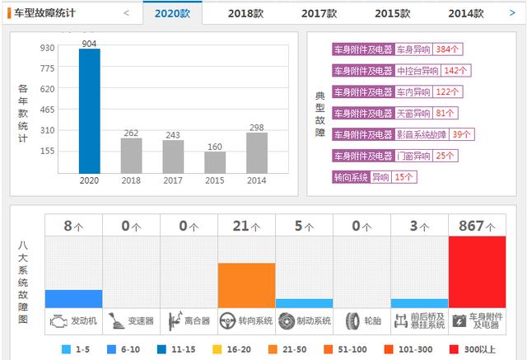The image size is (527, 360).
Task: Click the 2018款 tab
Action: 245,13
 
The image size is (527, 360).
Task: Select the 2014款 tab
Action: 466,13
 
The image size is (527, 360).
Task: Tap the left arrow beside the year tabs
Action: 126,13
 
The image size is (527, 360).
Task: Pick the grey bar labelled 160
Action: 215,162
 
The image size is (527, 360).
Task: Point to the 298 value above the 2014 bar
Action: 257,127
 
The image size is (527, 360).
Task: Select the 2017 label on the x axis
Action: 173,180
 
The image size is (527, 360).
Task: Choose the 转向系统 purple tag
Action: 351,176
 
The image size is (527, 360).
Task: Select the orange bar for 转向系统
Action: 246,285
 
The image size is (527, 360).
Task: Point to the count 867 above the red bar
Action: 471,225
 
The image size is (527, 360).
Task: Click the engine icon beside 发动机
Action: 59,320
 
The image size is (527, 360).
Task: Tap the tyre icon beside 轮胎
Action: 352,320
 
